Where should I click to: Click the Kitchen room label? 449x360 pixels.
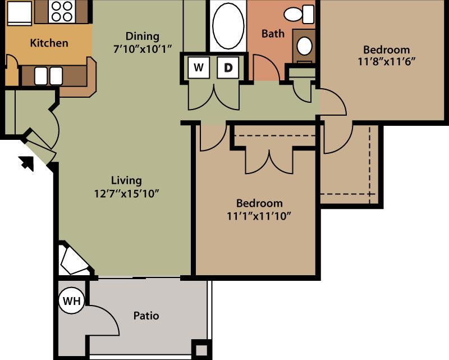click(49, 43)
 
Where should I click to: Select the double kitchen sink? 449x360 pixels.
click(48, 76)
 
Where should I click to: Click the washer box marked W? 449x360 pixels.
click(198, 68)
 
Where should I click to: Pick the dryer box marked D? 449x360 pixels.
click(228, 68)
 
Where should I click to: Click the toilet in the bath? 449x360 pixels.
click(299, 13)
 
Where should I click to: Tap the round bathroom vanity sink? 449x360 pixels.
click(304, 46)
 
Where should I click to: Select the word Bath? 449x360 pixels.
click(273, 34)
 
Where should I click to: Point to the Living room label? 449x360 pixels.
click(126, 180)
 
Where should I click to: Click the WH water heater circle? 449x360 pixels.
click(71, 300)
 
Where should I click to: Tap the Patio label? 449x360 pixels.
click(146, 316)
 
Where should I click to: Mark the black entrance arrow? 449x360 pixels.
click(26, 163)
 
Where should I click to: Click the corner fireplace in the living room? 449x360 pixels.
click(73, 260)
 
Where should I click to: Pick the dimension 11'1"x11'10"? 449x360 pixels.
click(259, 215)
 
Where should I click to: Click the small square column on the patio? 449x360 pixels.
click(199, 348)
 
